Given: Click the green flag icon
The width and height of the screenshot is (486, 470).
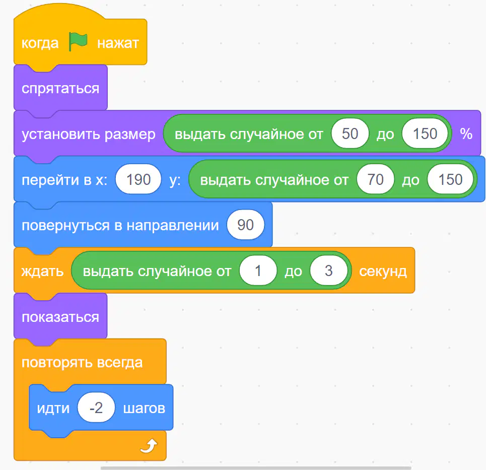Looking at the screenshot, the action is tap(78, 41).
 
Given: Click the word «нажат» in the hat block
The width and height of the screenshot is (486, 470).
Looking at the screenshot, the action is tap(118, 43).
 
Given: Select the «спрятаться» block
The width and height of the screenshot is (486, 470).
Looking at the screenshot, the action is tap(60, 88).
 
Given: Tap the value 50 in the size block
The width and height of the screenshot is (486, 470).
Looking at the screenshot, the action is tap(350, 133).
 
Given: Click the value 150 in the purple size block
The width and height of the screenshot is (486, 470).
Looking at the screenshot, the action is tap(425, 133).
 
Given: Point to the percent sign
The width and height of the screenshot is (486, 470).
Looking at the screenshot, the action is tap(466, 133).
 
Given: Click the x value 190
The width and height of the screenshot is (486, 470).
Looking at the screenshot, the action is tap(138, 179).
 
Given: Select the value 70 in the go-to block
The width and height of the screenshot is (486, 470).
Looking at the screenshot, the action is tap(375, 179).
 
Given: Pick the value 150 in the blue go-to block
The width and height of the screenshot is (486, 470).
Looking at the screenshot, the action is tap(450, 179).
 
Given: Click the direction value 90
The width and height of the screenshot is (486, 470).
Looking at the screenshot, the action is tap(245, 225).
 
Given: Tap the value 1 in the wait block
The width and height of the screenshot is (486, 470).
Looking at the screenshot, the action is tap(258, 271).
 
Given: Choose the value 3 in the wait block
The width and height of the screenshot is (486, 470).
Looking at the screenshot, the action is tap(328, 271).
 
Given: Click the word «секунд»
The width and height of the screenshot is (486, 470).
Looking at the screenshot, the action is tap(383, 272).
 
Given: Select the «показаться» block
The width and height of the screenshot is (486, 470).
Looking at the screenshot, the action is tap(60, 316).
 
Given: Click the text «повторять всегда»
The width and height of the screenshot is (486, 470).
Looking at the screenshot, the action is tap(82, 362).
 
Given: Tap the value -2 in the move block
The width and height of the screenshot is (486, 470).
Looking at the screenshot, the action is tap(96, 408).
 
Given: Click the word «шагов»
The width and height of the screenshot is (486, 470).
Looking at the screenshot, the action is tap(144, 409).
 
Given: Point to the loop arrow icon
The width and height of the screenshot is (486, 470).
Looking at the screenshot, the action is tap(149, 446).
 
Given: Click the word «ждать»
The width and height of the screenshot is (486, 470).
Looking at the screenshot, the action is tap(42, 272).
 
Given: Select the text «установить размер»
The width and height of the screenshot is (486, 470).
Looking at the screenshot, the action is tap(88, 134).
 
